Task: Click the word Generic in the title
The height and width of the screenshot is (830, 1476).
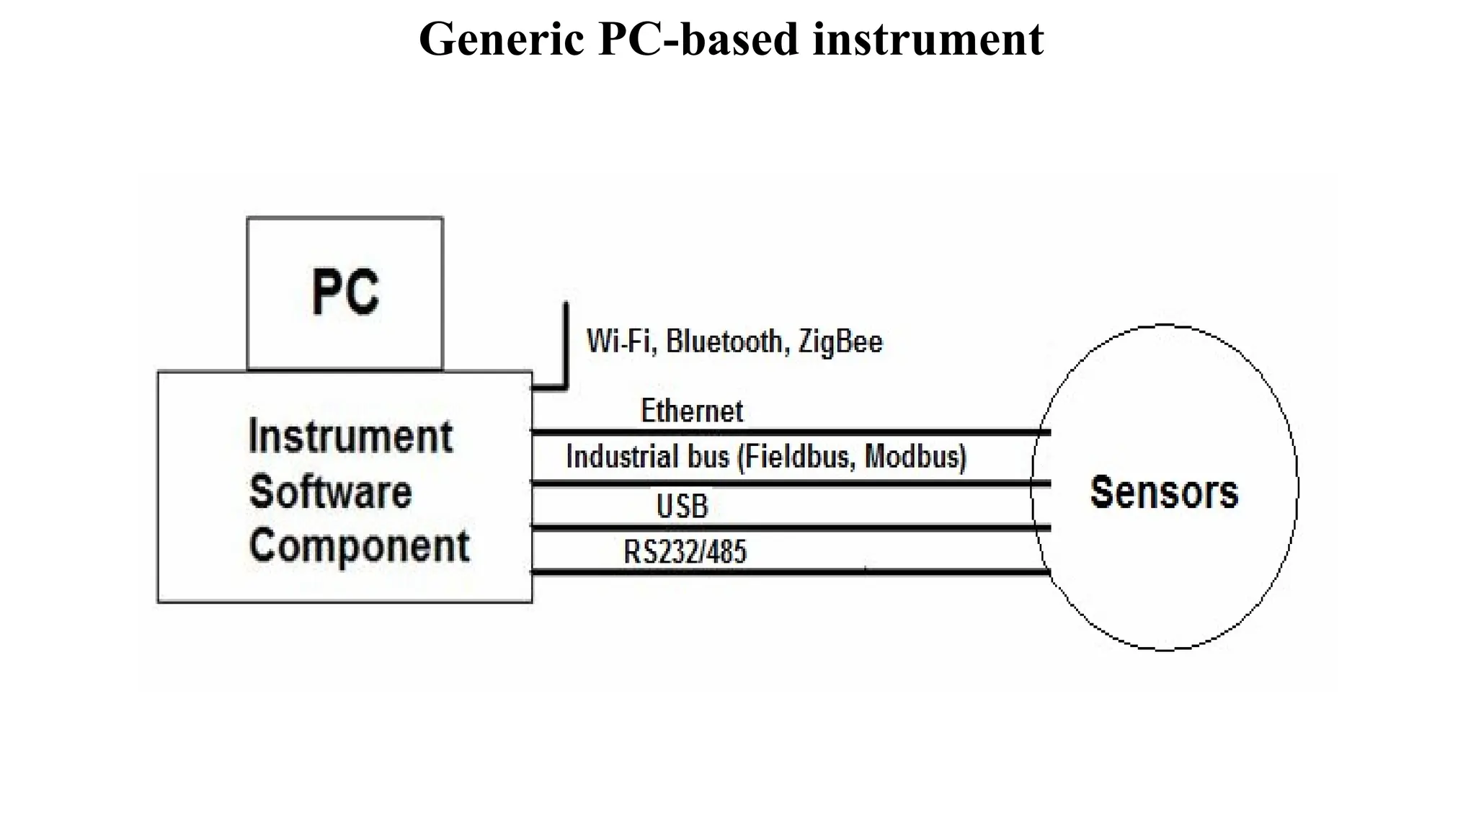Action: (x=501, y=39)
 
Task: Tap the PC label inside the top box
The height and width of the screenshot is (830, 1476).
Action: (x=345, y=293)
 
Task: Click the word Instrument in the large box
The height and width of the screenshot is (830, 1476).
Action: (x=350, y=437)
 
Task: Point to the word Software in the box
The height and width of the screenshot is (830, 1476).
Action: (x=330, y=492)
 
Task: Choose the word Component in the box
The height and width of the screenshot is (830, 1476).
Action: (x=359, y=546)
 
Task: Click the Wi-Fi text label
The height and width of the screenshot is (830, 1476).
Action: (x=621, y=341)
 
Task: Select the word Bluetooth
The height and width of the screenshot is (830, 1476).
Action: (x=724, y=341)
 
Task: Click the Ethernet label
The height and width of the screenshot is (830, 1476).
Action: (x=691, y=411)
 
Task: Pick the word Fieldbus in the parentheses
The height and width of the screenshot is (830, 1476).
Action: (x=798, y=457)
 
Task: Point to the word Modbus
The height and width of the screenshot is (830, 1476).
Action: (x=913, y=457)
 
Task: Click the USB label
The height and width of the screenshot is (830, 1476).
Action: (x=682, y=506)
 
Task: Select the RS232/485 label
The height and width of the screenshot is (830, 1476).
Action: (x=685, y=552)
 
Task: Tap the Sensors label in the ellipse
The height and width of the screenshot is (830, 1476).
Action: (x=1164, y=492)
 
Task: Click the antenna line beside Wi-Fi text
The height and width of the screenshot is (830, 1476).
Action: (x=566, y=346)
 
